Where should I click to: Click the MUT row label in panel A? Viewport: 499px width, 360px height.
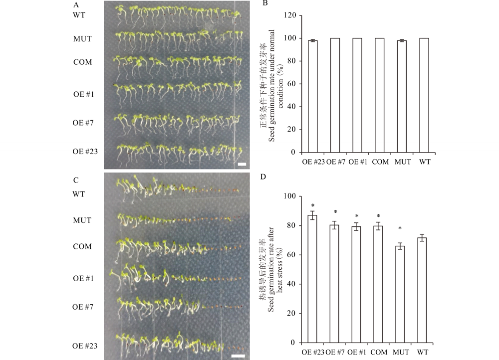tap(81, 37)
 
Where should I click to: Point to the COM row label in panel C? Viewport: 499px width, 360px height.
tap(82, 246)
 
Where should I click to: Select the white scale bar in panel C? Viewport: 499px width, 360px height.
tap(239, 356)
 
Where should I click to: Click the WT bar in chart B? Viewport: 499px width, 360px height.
tap(424, 95)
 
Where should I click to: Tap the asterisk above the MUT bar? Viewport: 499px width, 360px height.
tap(400, 229)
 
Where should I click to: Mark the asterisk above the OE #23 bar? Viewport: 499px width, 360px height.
tap(312, 205)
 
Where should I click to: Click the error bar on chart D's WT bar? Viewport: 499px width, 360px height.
tap(422, 238)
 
